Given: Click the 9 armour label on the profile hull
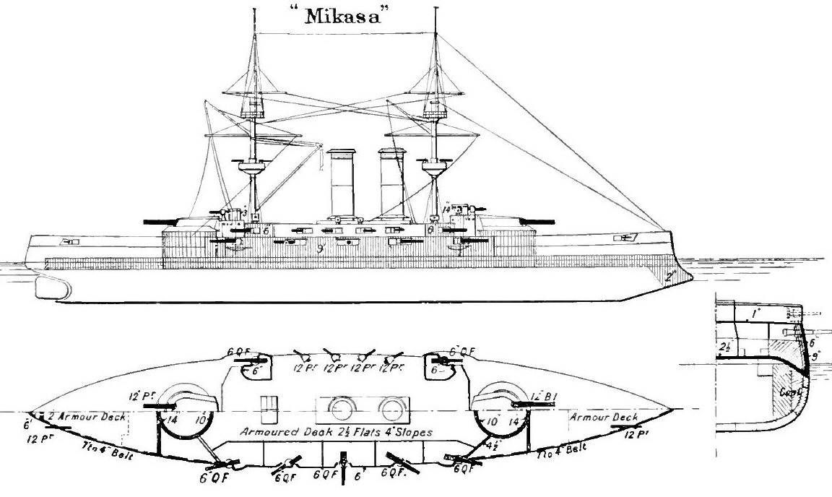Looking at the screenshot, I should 317,250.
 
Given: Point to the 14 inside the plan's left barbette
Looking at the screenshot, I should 173,418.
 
